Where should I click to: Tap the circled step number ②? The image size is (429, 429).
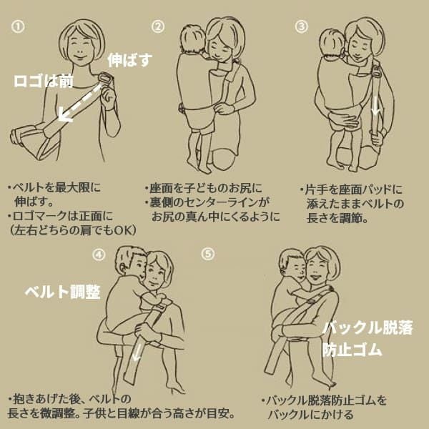(158, 26)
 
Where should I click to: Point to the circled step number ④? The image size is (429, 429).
(99, 253)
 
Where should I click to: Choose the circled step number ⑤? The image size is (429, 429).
(207, 253)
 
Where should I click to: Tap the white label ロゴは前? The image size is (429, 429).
(44, 80)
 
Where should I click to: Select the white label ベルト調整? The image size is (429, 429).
(62, 292)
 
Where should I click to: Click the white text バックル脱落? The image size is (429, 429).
(368, 328)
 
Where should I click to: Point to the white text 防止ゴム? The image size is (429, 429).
(352, 350)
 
